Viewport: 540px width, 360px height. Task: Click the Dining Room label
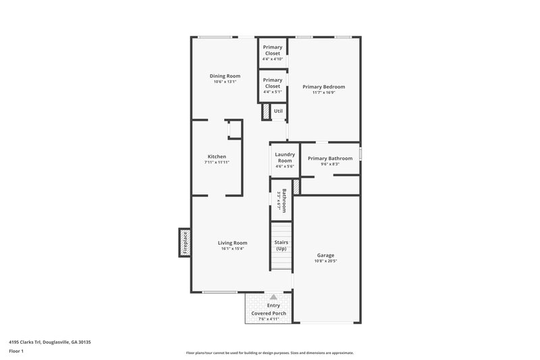[x=225, y=76]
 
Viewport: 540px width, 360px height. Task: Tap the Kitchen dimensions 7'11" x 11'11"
[x=217, y=163]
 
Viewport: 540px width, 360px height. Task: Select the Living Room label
[x=232, y=243]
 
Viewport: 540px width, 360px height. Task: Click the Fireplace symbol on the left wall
[x=183, y=242]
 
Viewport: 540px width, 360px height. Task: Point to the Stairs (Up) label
[x=281, y=245]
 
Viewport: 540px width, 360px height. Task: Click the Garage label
[x=325, y=255]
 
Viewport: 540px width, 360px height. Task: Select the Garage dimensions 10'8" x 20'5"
[x=326, y=261]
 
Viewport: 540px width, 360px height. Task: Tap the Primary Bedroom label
[x=323, y=86]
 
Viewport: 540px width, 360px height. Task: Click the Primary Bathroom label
[x=329, y=158]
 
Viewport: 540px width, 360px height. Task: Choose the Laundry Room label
[x=284, y=157]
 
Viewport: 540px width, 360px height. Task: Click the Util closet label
[x=277, y=111]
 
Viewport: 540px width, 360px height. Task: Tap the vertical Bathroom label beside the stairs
[x=284, y=201]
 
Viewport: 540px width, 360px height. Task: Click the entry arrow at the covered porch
[x=273, y=297]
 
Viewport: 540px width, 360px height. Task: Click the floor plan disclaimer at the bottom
[x=270, y=353]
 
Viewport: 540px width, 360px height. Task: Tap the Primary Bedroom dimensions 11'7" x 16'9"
[x=323, y=93]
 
